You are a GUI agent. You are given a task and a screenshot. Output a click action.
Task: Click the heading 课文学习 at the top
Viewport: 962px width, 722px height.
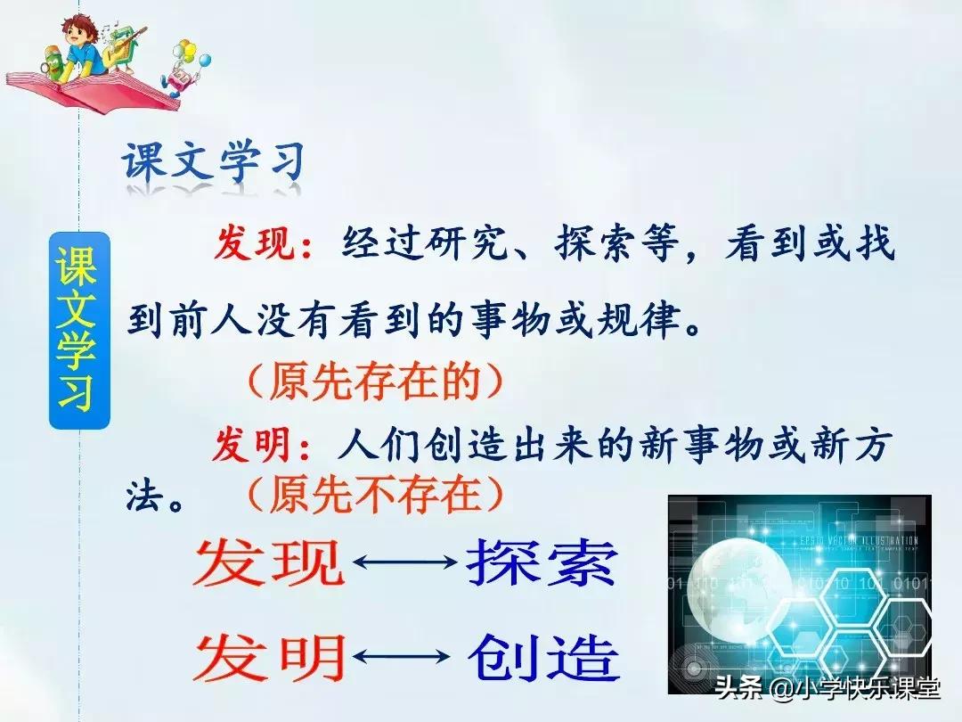[x=214, y=165]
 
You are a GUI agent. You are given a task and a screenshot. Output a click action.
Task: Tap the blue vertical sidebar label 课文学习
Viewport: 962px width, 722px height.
[x=78, y=330]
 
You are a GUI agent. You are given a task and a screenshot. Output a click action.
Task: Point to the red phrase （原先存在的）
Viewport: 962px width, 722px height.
[x=374, y=382]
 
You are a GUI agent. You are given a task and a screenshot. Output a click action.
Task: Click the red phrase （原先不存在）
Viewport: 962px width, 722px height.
[x=374, y=493]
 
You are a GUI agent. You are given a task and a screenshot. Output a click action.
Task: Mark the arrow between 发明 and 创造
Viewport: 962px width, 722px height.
[x=404, y=658]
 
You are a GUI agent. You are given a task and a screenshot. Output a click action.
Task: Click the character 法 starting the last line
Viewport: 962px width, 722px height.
[x=147, y=493]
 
